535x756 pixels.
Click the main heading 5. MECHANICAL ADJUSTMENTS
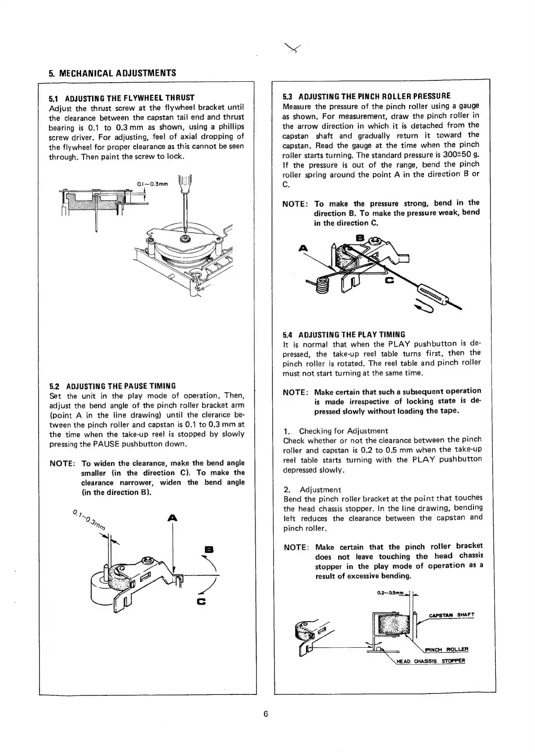point(112,73)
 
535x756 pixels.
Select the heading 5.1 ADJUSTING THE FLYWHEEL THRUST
point(122,97)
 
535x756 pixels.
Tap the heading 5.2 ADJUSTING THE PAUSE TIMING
point(112,386)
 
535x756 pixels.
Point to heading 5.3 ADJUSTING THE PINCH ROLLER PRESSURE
point(367,96)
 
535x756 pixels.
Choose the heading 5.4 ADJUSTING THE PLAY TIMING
point(344,335)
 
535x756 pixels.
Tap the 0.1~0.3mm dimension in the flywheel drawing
point(152,183)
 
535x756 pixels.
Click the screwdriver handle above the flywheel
point(185,182)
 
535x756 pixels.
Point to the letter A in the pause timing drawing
point(172,518)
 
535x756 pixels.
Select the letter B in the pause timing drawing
point(208,549)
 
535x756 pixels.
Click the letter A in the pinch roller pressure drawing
point(304,248)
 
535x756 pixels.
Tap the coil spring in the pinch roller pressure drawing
point(322,285)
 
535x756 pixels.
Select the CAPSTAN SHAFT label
point(451,615)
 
